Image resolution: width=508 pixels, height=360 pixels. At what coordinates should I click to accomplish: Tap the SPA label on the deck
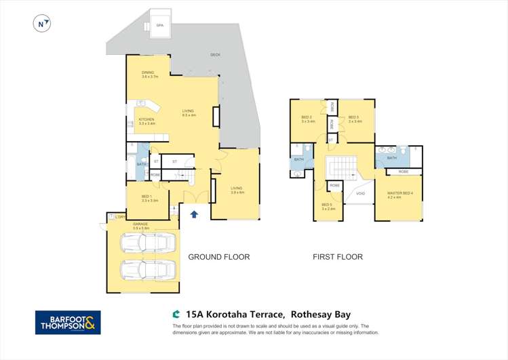pos(160,25)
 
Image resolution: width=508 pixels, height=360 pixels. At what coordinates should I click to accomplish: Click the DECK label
pos(215,54)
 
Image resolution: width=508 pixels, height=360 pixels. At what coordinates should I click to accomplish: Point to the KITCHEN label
pos(146,120)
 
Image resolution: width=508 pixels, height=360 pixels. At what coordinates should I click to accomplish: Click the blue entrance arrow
pos(195,215)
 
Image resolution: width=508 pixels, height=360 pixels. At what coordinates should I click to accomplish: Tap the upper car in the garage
pos(148,243)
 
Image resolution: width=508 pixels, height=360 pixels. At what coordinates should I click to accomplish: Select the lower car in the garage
pos(148,270)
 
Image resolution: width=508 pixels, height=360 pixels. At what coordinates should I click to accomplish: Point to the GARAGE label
pos(141,224)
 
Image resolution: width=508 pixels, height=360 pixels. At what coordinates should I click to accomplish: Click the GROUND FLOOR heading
pos(218,257)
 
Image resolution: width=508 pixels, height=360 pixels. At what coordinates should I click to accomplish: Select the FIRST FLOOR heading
pos(337,257)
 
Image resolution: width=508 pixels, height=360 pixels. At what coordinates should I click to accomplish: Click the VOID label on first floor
pos(360,194)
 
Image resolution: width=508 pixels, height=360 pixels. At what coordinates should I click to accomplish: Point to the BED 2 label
pos(307,119)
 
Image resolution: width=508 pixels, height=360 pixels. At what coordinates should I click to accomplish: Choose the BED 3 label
pos(354,119)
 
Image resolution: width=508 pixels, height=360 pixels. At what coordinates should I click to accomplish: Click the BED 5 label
pos(327,206)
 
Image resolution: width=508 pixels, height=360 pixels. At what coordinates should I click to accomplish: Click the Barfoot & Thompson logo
pos(68,322)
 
